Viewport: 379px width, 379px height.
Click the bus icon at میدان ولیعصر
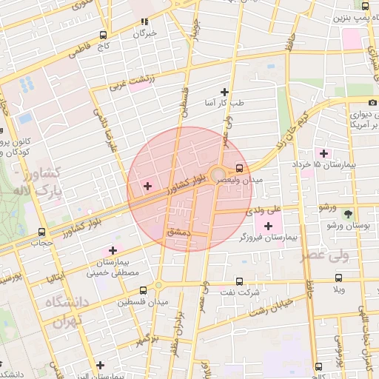click(x=239, y=167)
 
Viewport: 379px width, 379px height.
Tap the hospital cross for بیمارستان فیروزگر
click(x=267, y=225)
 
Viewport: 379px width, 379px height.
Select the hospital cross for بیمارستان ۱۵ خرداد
click(x=323, y=153)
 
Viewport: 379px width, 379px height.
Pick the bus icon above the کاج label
click(x=103, y=35)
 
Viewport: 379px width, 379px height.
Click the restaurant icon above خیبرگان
click(x=145, y=21)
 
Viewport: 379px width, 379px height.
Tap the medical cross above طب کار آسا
click(x=224, y=92)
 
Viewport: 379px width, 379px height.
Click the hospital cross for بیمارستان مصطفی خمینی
click(x=113, y=250)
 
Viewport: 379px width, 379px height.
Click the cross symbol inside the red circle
click(x=147, y=186)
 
